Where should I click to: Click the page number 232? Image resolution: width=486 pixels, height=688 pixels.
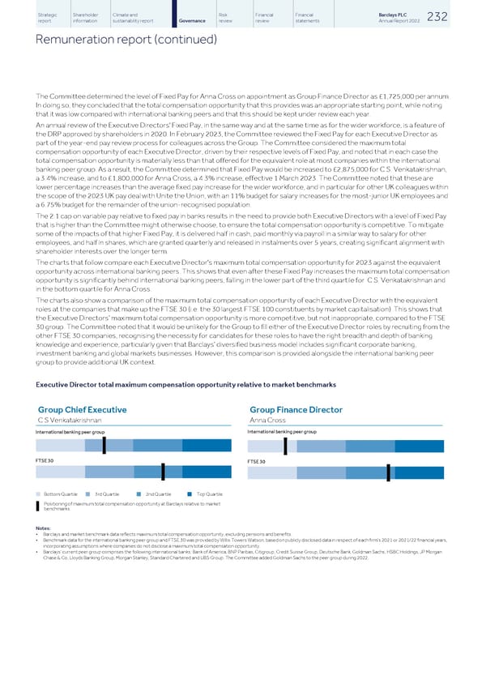(x=459, y=15)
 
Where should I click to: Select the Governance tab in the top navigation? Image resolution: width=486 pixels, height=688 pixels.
(x=191, y=19)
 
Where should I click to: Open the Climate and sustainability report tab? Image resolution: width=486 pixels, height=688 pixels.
(x=135, y=15)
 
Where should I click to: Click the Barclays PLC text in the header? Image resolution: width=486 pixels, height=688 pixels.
(x=420, y=13)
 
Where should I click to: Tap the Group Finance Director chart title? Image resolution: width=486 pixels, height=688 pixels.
(x=296, y=410)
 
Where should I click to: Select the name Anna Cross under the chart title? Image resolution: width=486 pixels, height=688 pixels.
(x=266, y=420)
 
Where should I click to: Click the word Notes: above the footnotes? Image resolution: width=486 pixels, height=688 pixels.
(x=45, y=528)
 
